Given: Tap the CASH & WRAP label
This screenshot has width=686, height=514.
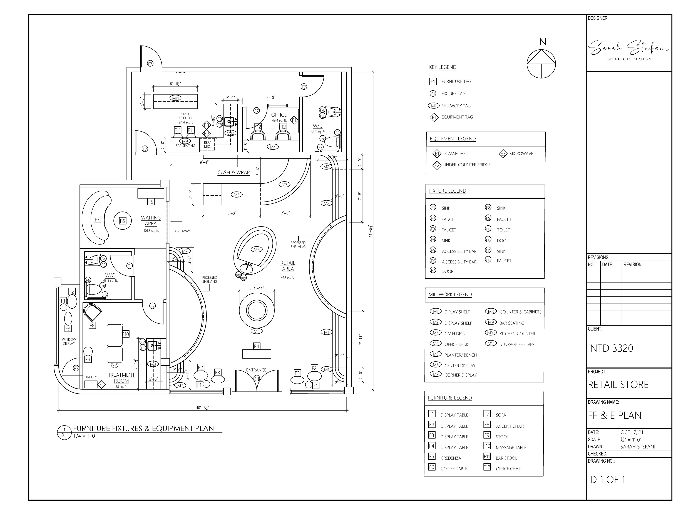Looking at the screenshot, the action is (x=233, y=173).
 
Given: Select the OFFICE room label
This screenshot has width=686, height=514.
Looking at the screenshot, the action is (x=279, y=115).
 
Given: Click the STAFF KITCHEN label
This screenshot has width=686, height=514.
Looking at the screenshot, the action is (x=185, y=116).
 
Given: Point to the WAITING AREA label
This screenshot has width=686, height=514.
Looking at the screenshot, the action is (x=151, y=221).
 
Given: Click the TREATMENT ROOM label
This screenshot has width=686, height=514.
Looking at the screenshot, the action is (x=121, y=378).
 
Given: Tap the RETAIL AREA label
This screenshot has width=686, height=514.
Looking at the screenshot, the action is (x=288, y=266).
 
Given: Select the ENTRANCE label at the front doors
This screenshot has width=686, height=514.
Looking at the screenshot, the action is (x=256, y=370).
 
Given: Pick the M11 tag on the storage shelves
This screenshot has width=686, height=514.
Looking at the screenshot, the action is (x=176, y=98).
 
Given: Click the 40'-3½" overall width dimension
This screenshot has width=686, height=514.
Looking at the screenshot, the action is (x=203, y=408).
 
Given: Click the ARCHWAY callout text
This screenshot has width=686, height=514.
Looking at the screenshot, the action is (x=182, y=231).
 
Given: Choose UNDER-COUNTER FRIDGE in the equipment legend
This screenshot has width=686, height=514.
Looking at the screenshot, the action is (x=467, y=165).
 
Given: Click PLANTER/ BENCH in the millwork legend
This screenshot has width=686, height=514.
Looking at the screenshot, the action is (x=461, y=355).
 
